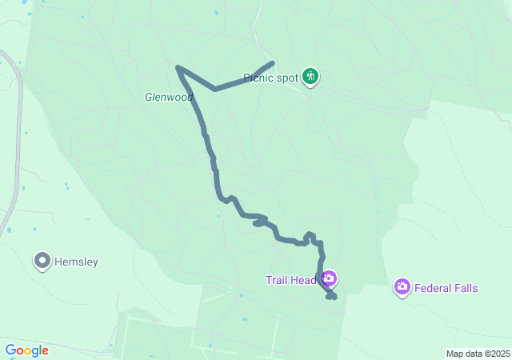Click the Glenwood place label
point(169,97)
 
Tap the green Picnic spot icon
point(311,77)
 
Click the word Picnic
point(259,78)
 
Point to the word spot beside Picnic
point(288,78)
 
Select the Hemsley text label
point(76,261)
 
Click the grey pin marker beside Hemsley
point(42,260)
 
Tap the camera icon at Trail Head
point(329,279)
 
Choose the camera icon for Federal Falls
point(402,286)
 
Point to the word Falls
point(466,287)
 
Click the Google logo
point(26,350)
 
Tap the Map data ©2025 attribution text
point(478,354)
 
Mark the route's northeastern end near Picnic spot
point(273,63)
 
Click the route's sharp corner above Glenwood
point(178,67)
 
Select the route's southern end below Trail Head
point(333,298)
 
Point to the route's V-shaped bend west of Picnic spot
point(214,90)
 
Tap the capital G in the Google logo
point(10,350)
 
